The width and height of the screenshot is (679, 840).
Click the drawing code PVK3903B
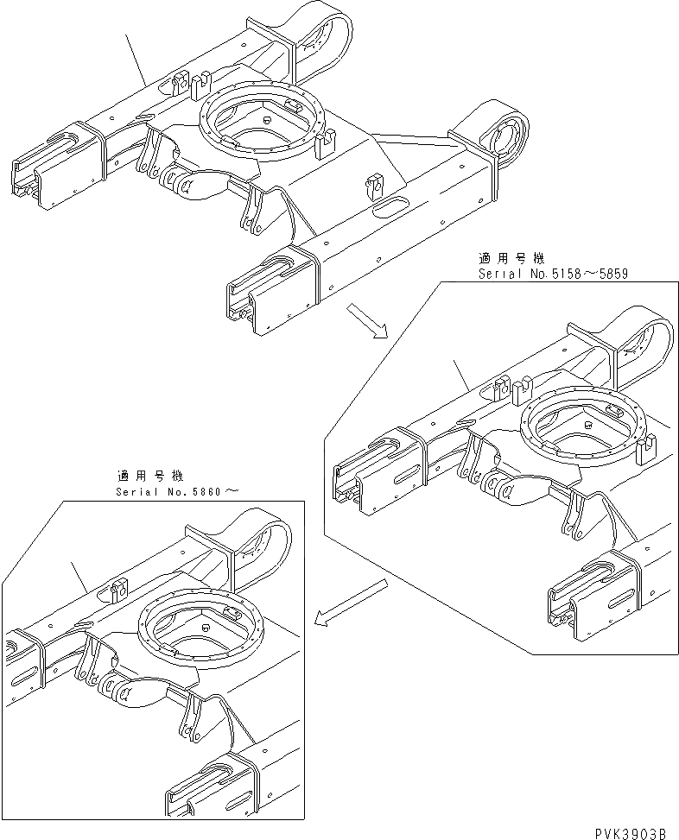[x=630, y=832]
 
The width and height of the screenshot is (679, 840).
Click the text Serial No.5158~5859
[x=552, y=274]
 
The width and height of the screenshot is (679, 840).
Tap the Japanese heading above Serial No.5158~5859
[x=511, y=257]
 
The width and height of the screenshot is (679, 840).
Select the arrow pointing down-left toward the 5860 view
[x=351, y=602]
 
